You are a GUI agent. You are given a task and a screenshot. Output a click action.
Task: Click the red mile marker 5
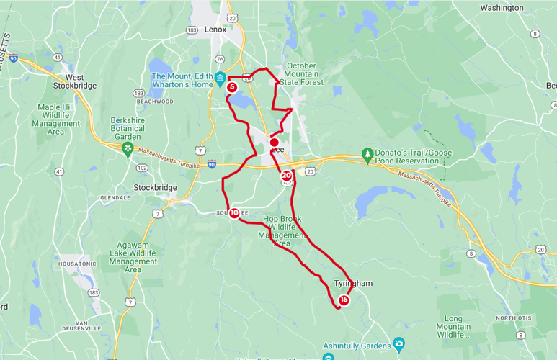click(x=232, y=87)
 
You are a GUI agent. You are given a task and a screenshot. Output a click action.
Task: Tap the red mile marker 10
click(x=234, y=212)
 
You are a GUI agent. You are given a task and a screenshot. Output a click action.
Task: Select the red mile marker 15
click(x=344, y=300)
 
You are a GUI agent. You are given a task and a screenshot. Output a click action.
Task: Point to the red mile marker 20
click(x=287, y=175)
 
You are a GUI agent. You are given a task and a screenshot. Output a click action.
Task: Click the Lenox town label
click(x=215, y=30)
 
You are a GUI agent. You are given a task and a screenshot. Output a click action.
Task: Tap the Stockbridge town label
click(x=155, y=188)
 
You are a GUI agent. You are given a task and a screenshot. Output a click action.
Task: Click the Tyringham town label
click(x=353, y=284)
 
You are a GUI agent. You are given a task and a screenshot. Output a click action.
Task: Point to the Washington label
click(x=502, y=8)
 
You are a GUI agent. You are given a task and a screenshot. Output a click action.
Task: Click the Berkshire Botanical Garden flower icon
click(x=128, y=149)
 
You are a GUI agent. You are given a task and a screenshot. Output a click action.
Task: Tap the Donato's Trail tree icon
click(x=367, y=154)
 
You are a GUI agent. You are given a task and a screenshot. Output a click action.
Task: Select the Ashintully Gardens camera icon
click(x=398, y=343)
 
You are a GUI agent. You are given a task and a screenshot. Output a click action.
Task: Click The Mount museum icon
click(x=220, y=77)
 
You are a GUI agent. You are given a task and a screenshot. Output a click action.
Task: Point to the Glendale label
click(x=115, y=197)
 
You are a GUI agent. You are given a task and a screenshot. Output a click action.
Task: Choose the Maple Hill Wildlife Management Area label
click(x=61, y=120)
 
